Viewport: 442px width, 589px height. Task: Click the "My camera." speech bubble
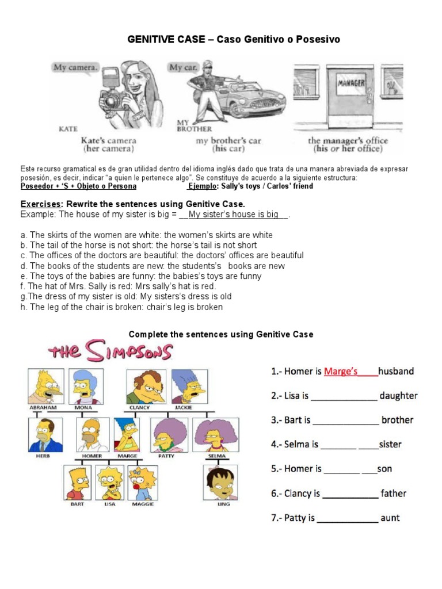coord(75,67)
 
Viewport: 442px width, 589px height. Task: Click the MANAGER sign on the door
coord(350,83)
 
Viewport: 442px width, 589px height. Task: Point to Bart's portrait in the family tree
coord(78,481)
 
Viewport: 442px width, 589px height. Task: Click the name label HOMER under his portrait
coord(92,456)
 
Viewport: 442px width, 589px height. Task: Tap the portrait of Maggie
coord(142,481)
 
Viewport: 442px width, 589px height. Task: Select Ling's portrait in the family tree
coord(224,481)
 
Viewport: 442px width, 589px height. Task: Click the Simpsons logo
coord(110,351)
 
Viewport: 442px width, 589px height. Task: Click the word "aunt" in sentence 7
coord(390,518)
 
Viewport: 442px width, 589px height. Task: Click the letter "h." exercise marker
coord(24,307)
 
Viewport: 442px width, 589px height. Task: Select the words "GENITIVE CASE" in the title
coord(166,39)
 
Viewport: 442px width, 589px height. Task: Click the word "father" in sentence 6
coord(394,494)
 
